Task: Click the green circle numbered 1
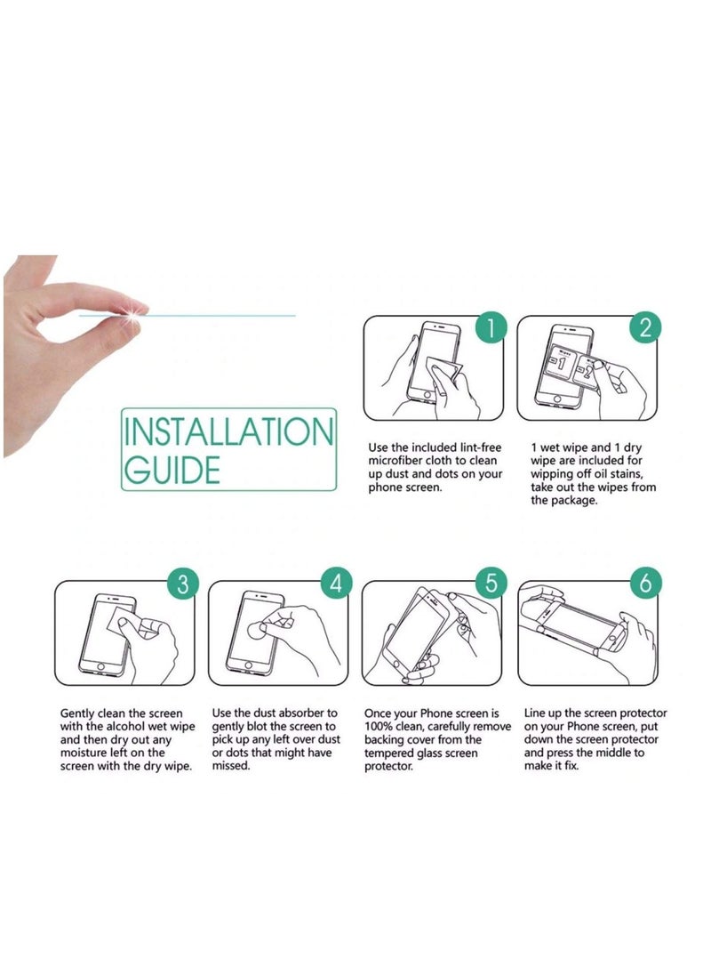(491, 327)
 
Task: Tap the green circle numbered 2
(646, 327)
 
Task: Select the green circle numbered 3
(182, 584)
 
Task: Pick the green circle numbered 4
(336, 584)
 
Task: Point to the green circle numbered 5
(491, 584)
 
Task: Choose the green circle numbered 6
(646, 584)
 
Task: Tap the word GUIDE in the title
(172, 470)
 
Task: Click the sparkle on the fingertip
(132, 316)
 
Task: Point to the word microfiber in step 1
(395, 461)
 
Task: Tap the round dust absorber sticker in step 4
(257, 631)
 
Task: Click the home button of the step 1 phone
(427, 396)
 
